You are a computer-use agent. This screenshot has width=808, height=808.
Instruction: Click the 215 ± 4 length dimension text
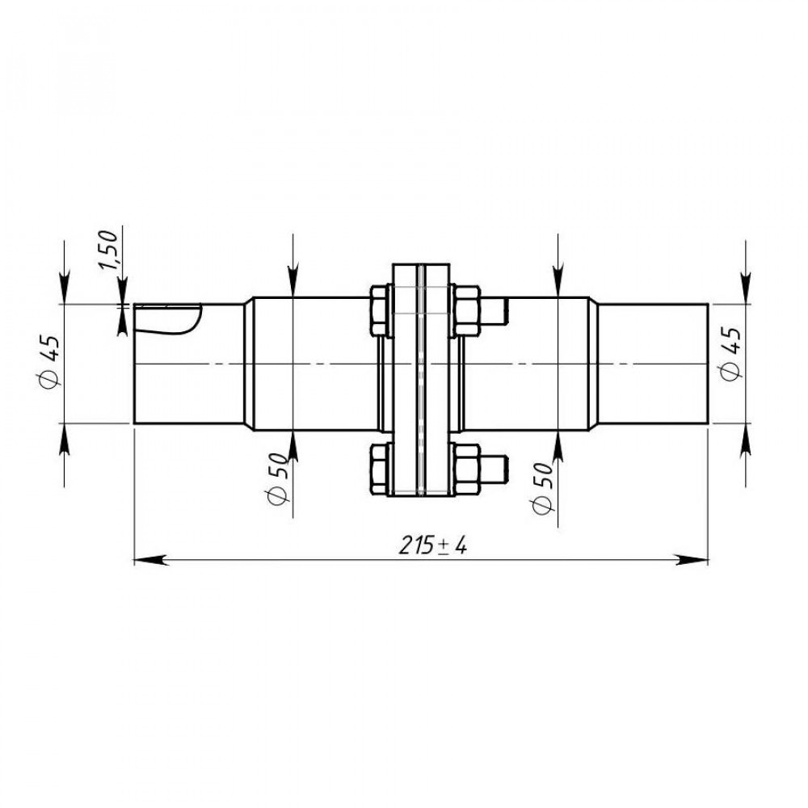pyautogui.click(x=433, y=545)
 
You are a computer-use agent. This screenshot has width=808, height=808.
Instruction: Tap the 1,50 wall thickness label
pyautogui.click(x=109, y=250)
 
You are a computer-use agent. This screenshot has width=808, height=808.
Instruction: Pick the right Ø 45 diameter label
pyautogui.click(x=730, y=354)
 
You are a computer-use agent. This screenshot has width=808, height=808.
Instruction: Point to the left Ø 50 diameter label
pyautogui.click(x=276, y=478)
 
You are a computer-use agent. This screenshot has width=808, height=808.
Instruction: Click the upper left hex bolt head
pyautogui.click(x=379, y=311)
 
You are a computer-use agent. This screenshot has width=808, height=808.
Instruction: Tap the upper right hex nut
pyautogui.click(x=467, y=311)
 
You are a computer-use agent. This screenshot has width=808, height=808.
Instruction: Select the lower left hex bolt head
pyautogui.click(x=379, y=469)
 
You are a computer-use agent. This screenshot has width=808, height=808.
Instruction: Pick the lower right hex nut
pyautogui.click(x=467, y=469)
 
